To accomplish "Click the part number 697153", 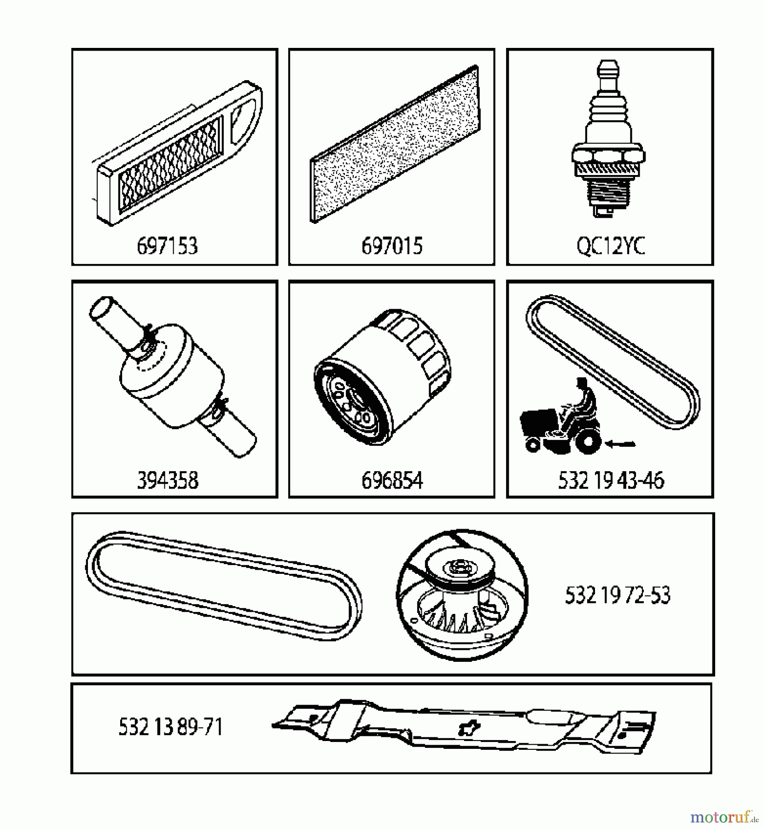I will [167, 246].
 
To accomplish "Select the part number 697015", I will [391, 246].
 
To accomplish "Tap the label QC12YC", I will [611, 246].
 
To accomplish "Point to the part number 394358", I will [168, 480].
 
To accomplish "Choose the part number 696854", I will [391, 480].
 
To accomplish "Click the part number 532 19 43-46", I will [611, 480].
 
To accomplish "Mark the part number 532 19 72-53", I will [618, 595].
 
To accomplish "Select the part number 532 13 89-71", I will [170, 727].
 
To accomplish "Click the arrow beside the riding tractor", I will [621, 444].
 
